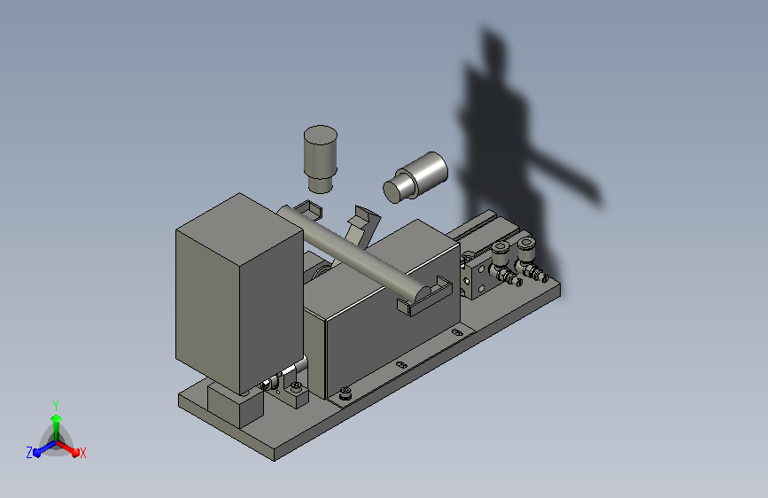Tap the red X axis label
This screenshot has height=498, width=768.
[83, 454]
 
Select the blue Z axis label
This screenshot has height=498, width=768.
[29, 453]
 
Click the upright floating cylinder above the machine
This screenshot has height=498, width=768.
[321, 159]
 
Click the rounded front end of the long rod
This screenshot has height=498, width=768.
[423, 292]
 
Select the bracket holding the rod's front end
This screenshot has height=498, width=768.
[424, 298]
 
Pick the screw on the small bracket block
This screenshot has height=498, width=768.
[297, 387]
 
